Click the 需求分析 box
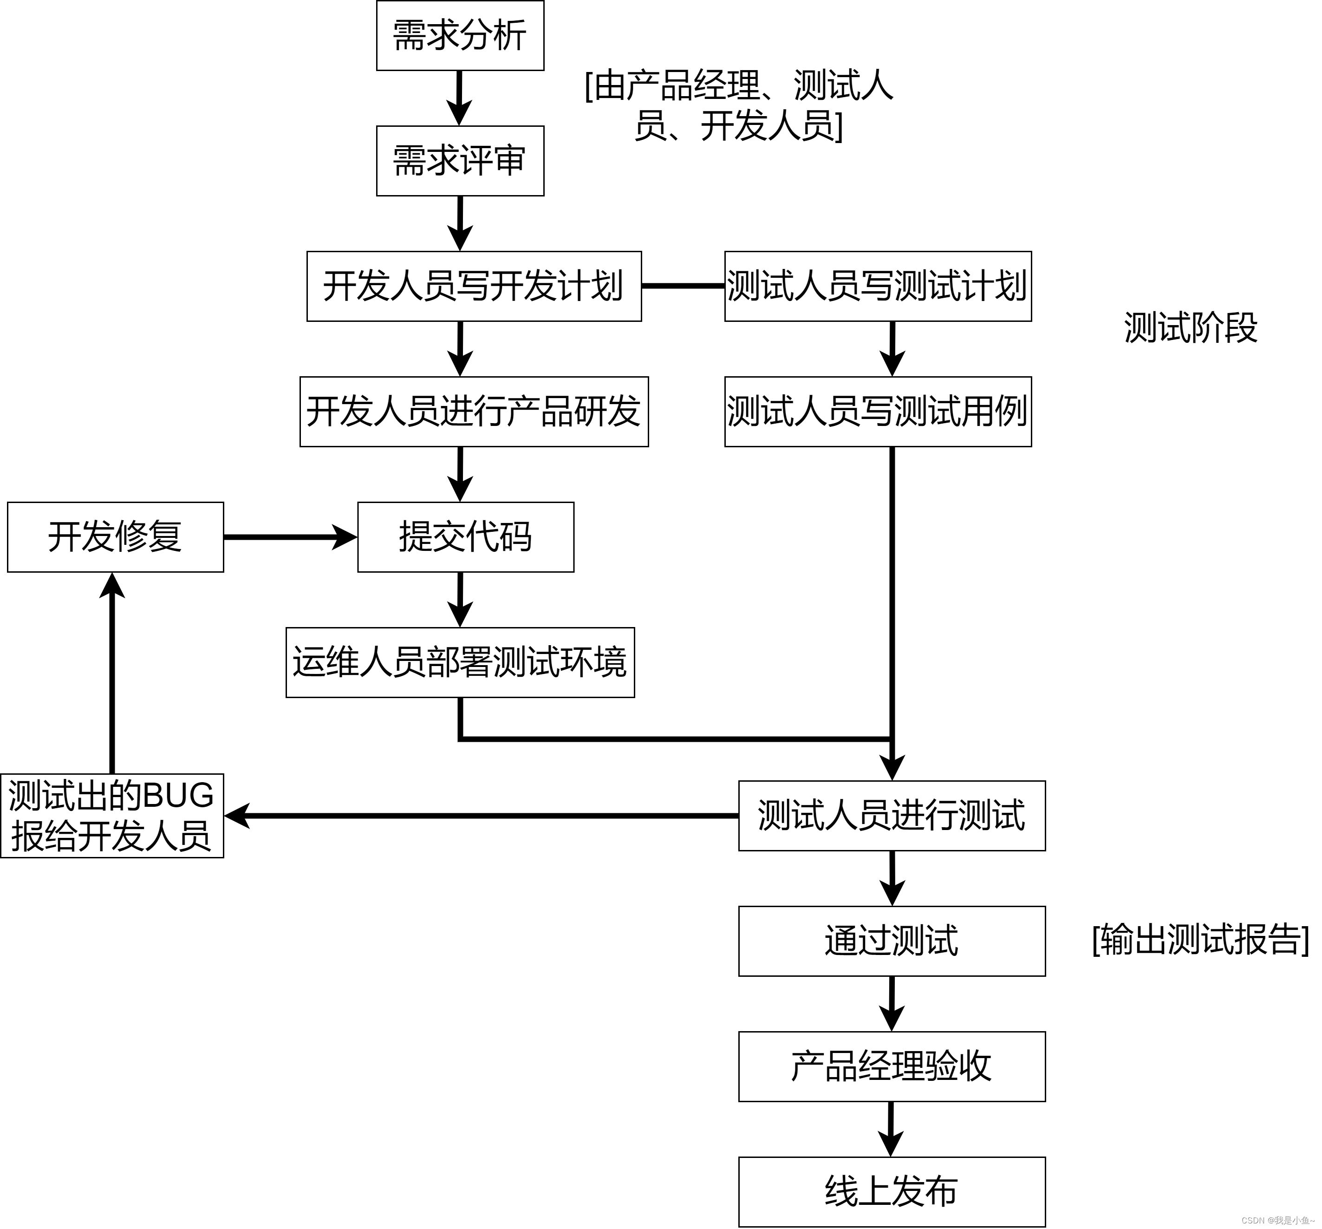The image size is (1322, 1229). tap(460, 36)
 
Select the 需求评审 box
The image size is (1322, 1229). tap(460, 161)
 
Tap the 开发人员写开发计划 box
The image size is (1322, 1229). tap(474, 287)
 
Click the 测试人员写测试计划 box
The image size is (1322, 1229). tap(878, 287)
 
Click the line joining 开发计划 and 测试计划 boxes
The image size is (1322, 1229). tap(683, 287)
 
